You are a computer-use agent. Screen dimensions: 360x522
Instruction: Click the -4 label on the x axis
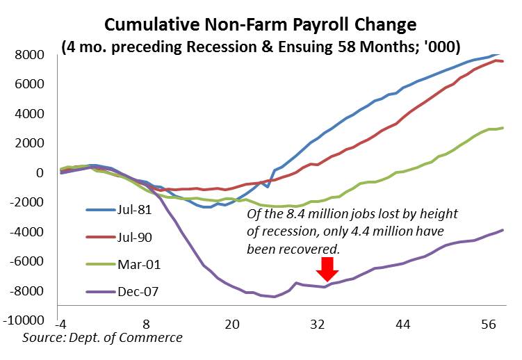tap(60, 325)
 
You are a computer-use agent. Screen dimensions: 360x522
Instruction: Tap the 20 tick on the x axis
tap(232, 325)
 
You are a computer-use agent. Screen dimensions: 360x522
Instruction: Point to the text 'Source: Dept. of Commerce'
tap(102, 338)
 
